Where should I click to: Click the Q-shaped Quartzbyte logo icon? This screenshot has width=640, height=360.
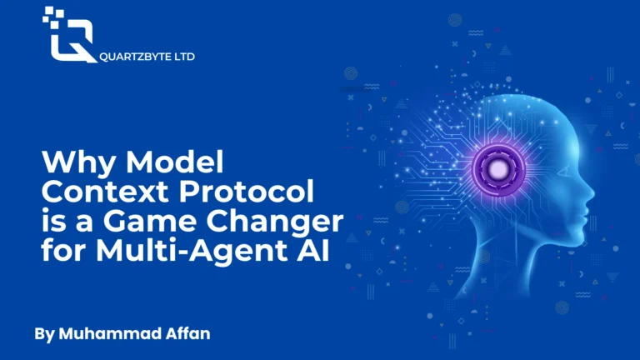coord(69,36)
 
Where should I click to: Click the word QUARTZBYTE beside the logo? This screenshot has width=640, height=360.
coord(135,57)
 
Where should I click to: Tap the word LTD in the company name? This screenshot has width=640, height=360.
coord(184,57)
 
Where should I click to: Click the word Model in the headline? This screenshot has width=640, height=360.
coord(175,162)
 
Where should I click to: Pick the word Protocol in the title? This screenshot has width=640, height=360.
coord(246,191)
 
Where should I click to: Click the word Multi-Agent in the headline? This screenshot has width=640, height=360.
coord(191,251)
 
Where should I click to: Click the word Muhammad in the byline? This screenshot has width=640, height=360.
coord(109,333)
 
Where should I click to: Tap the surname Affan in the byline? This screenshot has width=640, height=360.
coord(187,333)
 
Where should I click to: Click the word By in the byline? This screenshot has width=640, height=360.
coord(44,334)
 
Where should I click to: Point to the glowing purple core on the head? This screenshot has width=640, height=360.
coord(498,170)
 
